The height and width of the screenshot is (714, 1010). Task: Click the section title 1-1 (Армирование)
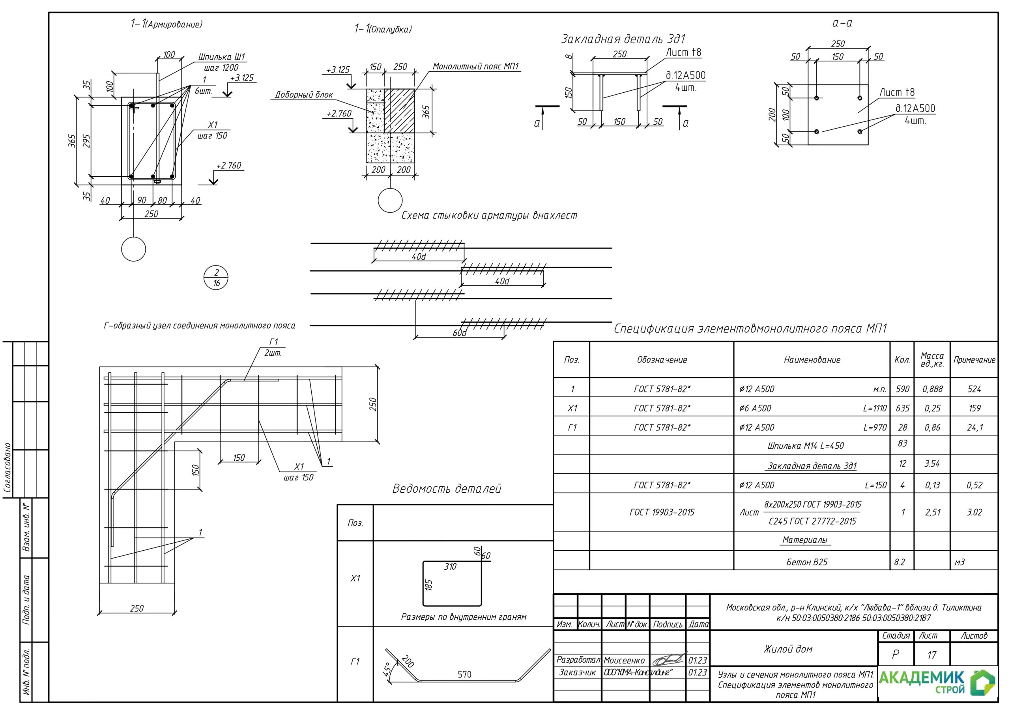pos(166,24)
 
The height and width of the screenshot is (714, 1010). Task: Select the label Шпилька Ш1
pos(222,57)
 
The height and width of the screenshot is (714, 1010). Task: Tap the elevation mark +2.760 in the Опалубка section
pos(339,114)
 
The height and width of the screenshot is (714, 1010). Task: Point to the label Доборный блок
pos(303,95)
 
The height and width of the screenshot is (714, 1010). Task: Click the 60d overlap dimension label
pos(459,333)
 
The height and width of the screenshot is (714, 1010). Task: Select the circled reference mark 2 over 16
pos(216,278)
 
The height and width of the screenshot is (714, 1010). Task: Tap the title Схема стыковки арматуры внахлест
pos(489,215)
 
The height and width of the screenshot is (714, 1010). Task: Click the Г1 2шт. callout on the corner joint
pos(273,348)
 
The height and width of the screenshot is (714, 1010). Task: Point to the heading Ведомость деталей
pos(447,489)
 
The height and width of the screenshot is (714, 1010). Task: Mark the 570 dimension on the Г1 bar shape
pos(464,675)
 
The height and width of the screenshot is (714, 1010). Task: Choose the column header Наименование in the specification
pos(812,360)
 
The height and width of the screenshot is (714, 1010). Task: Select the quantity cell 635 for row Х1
pos(902,408)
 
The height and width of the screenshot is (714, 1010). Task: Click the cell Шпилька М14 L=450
pos(806,446)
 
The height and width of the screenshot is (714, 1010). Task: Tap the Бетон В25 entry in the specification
pos(807,562)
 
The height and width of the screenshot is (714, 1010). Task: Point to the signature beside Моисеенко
pos(669,660)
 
